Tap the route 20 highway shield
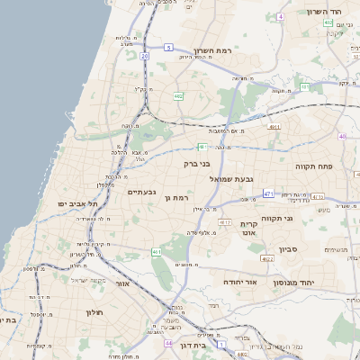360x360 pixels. pyautogui.click(x=144, y=56)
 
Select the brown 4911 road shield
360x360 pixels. pyautogui.click(x=274, y=128)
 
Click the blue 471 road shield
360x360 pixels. pyautogui.click(x=268, y=193)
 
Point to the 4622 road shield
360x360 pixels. pyautogui.click(x=266, y=258)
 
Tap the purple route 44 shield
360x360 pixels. pyautogui.click(x=168, y=343)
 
